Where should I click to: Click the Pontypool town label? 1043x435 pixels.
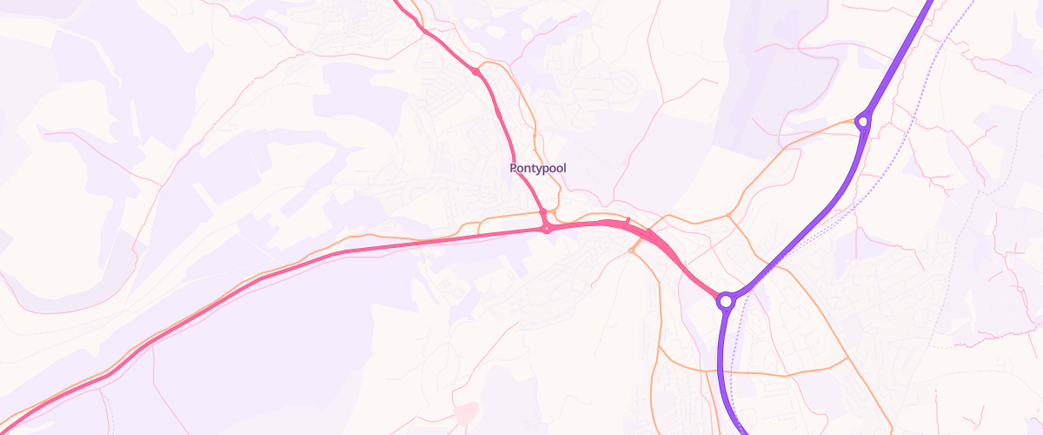tap(538, 167)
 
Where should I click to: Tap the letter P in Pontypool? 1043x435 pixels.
tap(514, 167)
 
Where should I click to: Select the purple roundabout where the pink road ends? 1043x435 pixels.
tap(726, 301)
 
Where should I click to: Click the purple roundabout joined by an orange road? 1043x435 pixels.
tap(862, 122)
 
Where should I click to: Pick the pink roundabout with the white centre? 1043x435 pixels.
tap(547, 229)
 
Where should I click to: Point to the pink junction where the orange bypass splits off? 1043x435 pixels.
tap(476, 71)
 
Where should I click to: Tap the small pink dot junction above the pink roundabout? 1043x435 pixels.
tap(542, 211)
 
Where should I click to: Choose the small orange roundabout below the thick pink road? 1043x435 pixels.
tap(632, 251)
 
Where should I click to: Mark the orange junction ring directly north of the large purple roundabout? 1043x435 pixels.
tap(728, 214)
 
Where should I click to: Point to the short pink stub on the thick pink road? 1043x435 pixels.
tap(628, 219)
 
